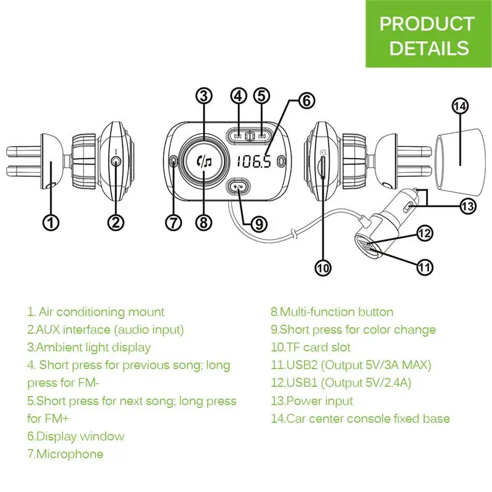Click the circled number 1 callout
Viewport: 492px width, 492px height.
point(50,223)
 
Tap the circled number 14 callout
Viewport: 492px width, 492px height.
point(460,106)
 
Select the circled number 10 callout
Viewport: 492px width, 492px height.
point(323,268)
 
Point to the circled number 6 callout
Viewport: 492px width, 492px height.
point(306,100)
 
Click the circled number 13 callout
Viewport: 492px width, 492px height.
point(468,206)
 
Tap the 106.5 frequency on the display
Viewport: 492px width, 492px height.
point(253,161)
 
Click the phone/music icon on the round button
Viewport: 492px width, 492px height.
point(204,161)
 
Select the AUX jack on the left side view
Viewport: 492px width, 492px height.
point(116,162)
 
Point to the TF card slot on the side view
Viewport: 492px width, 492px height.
point(322,168)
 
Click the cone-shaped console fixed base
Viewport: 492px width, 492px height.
point(459,162)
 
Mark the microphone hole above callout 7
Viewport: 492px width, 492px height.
point(173,161)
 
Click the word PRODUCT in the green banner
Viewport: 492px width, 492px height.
point(427,23)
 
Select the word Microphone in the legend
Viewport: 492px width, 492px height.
point(70,454)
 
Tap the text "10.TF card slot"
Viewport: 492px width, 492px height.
point(311,347)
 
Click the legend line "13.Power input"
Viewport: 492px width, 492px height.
point(312,401)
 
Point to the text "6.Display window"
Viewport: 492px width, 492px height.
point(76,436)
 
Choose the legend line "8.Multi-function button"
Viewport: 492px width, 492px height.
point(332,312)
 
